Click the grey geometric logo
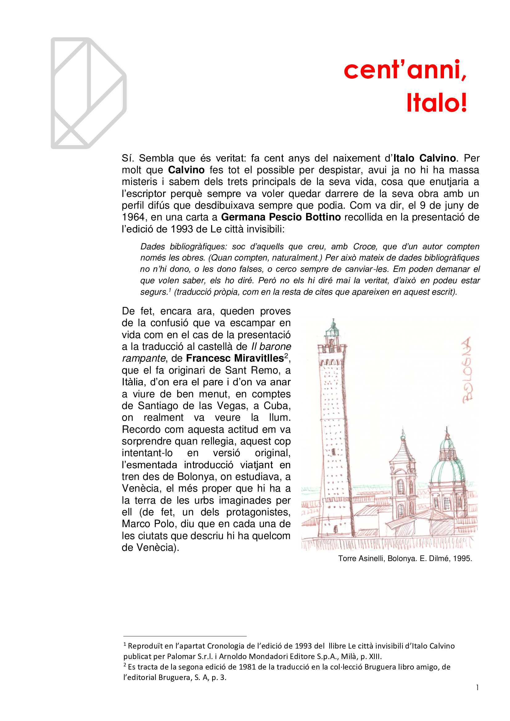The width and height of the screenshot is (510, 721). tap(88, 93)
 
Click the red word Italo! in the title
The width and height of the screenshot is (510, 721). tap(436, 103)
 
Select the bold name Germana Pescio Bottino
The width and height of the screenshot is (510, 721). tap(281, 217)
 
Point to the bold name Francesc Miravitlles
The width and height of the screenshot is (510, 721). tap(235, 358)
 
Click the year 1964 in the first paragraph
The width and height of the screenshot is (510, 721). tap(133, 217)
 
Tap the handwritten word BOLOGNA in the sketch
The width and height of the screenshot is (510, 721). tap(467, 370)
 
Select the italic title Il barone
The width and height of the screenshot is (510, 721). tap(271, 346)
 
